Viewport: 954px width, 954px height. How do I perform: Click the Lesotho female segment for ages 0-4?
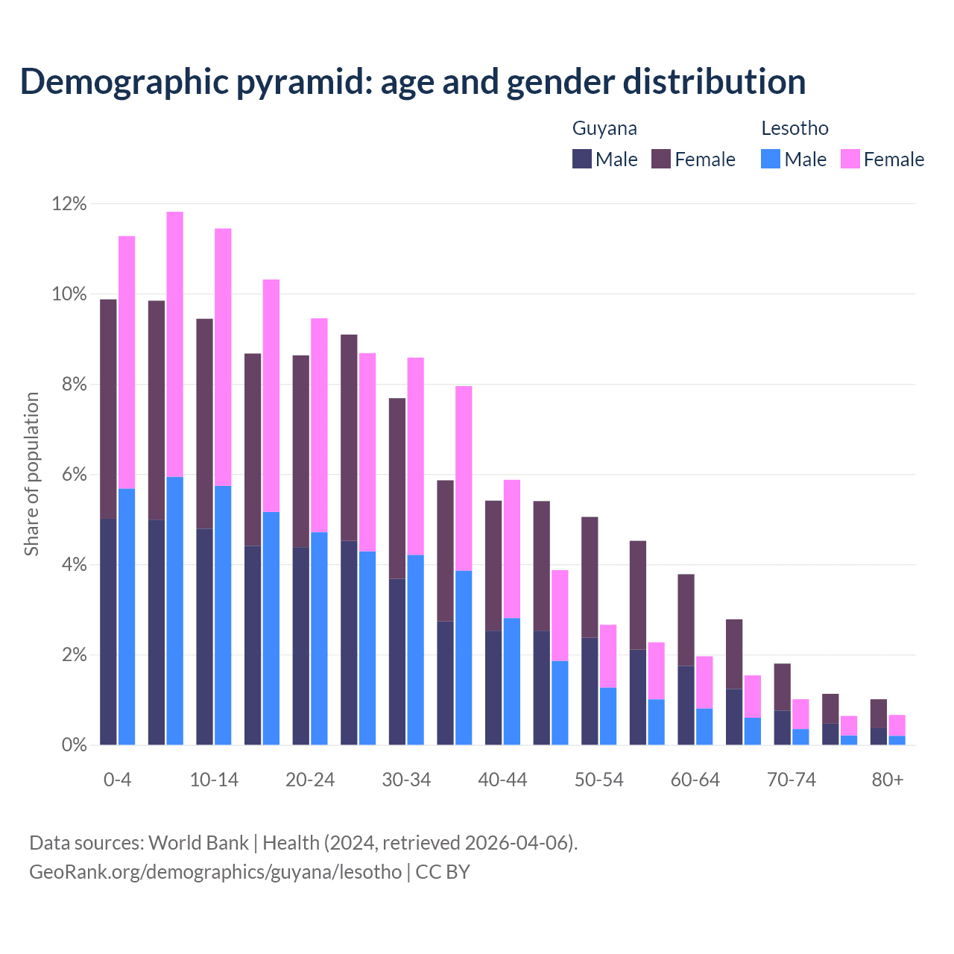click(x=127, y=362)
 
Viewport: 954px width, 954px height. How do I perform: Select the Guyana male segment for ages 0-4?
click(x=108, y=631)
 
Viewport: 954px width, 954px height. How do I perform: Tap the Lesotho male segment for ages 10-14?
click(x=223, y=615)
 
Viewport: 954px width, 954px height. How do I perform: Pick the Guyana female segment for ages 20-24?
click(x=301, y=451)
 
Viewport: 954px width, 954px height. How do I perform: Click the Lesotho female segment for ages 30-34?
click(x=415, y=456)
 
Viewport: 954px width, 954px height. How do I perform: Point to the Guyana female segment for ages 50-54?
click(x=590, y=577)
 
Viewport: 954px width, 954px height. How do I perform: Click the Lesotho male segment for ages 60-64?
click(x=704, y=726)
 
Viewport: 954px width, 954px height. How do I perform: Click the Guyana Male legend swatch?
click(x=582, y=159)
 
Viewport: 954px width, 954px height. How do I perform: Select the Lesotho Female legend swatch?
click(x=850, y=159)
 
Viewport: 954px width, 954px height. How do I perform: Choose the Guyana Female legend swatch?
click(x=661, y=159)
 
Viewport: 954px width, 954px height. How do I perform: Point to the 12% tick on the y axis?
click(x=69, y=203)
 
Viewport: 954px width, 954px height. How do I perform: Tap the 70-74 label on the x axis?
click(x=792, y=780)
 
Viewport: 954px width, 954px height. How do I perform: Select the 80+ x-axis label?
click(x=888, y=780)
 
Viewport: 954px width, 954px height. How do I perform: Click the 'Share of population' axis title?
click(x=31, y=474)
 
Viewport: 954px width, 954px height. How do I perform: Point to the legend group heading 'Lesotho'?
click(x=795, y=128)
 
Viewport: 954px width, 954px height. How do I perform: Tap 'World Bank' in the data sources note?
click(x=198, y=843)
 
